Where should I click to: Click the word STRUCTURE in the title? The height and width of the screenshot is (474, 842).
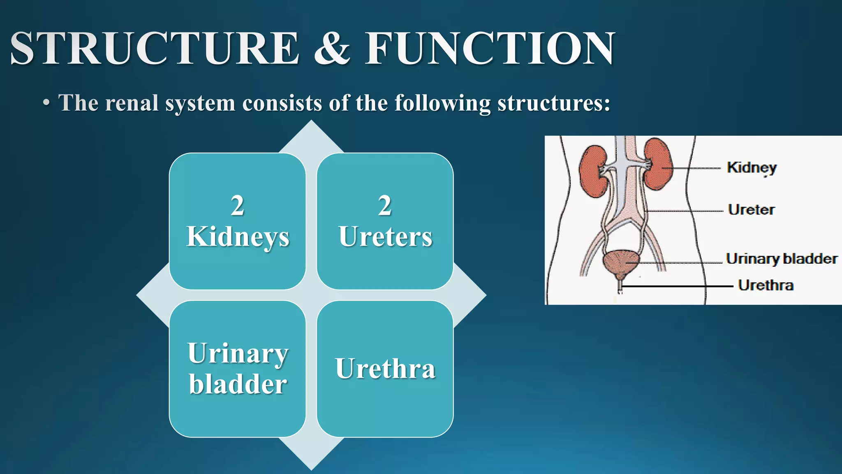pyautogui.click(x=154, y=49)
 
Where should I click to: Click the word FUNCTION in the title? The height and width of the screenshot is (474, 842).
pyautogui.click(x=490, y=49)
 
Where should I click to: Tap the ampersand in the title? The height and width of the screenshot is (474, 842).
pyautogui.click(x=332, y=49)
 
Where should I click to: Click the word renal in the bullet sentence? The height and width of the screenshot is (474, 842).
pyautogui.click(x=132, y=103)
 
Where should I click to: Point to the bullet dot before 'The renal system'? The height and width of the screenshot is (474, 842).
pyautogui.click(x=46, y=103)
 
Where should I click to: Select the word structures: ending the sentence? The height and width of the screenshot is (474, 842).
pyautogui.click(x=554, y=103)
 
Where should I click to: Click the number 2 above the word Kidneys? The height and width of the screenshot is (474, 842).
pyautogui.click(x=237, y=205)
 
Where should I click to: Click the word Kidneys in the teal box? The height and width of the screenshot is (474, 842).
pyautogui.click(x=238, y=237)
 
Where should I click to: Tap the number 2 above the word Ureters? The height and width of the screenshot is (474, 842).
pyautogui.click(x=385, y=205)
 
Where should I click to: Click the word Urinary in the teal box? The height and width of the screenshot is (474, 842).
pyautogui.click(x=238, y=353)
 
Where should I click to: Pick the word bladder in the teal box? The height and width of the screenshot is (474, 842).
pyautogui.click(x=238, y=384)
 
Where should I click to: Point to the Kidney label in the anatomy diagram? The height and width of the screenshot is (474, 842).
pyautogui.click(x=752, y=167)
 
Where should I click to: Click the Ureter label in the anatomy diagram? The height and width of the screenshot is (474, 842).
pyautogui.click(x=751, y=209)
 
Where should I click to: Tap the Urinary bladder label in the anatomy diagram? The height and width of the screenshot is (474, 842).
pyautogui.click(x=782, y=259)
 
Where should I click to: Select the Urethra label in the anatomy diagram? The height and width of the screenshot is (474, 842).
pyautogui.click(x=766, y=285)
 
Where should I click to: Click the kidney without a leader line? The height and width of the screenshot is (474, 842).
pyautogui.click(x=593, y=171)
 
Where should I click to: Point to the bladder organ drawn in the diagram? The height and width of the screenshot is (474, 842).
pyautogui.click(x=621, y=263)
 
